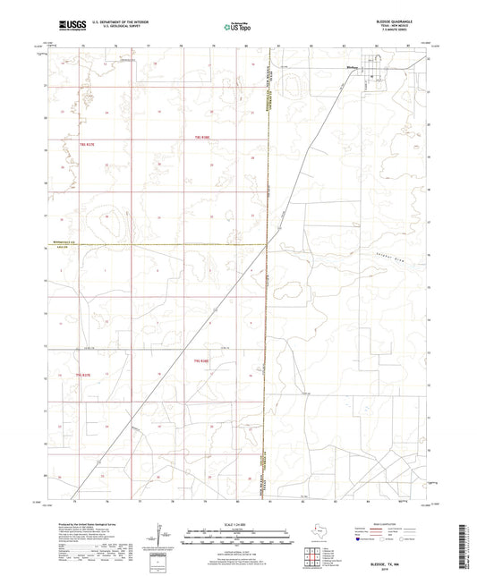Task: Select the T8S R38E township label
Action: click(x=201, y=136)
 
